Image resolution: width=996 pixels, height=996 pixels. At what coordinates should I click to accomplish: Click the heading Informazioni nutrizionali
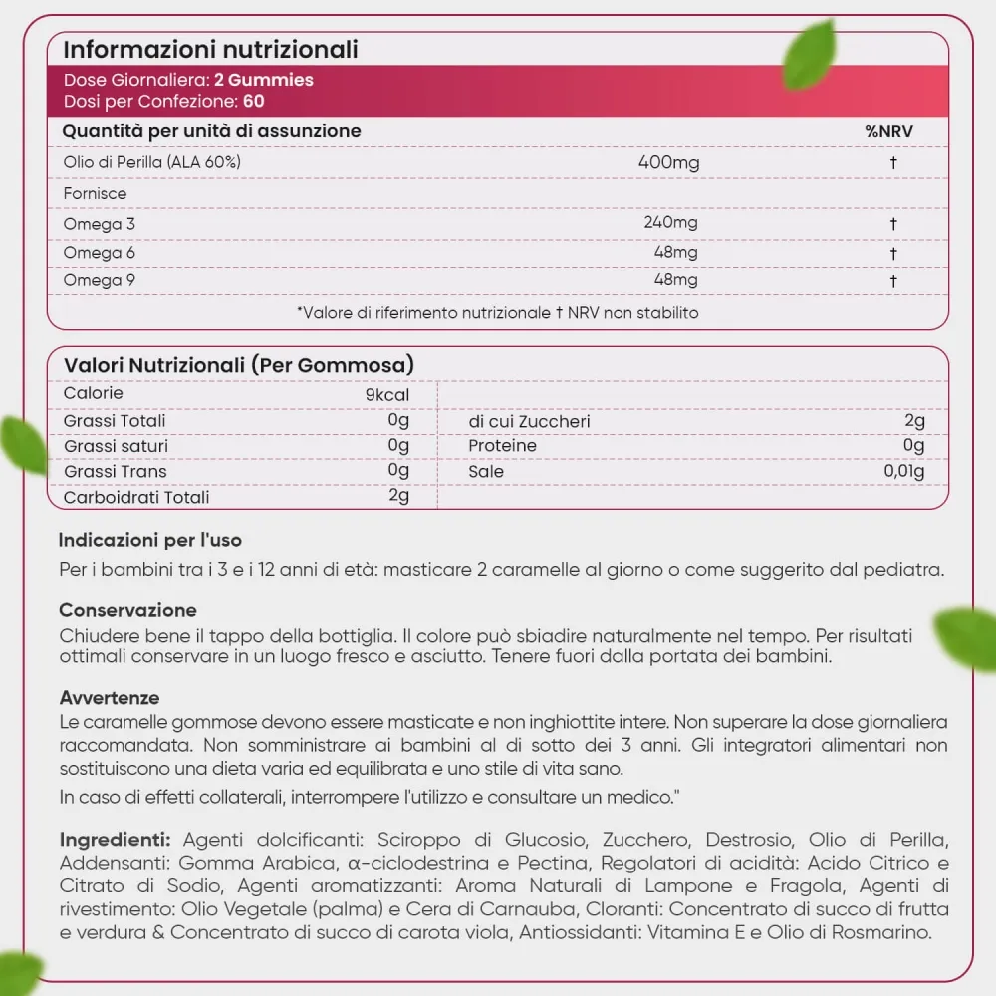pos(210,49)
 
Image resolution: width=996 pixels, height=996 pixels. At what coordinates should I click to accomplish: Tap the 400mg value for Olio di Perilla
pos(668,162)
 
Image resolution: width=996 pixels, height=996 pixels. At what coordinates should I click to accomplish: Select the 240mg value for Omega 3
pos(671,223)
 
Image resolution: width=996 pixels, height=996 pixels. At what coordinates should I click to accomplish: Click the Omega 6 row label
pos(100,253)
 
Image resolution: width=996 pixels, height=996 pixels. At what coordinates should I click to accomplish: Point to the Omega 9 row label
pos(100,281)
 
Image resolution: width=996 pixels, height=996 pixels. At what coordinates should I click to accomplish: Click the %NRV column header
pos(888,131)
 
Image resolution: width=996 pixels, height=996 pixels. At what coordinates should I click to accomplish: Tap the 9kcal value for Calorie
pos(387,394)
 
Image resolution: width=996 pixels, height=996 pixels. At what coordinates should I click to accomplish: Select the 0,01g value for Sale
pos(903,471)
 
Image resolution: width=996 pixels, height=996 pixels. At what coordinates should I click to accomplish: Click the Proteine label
pos(503,446)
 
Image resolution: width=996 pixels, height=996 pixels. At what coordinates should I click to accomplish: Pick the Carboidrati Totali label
pos(136,497)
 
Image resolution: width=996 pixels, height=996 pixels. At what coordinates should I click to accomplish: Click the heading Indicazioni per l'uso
pos(149,541)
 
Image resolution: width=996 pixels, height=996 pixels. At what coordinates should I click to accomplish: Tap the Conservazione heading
pos(127,610)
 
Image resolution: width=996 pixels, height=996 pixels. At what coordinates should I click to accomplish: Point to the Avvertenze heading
pos(110,698)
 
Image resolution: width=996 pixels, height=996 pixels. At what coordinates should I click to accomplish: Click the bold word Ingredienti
pos(115,839)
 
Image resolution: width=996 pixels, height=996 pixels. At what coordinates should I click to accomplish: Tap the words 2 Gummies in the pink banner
pos(264,80)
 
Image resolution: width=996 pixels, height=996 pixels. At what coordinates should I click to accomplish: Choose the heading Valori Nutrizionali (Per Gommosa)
pos(239,365)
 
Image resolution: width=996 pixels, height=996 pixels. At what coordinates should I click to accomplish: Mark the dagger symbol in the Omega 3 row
pos(893,224)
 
